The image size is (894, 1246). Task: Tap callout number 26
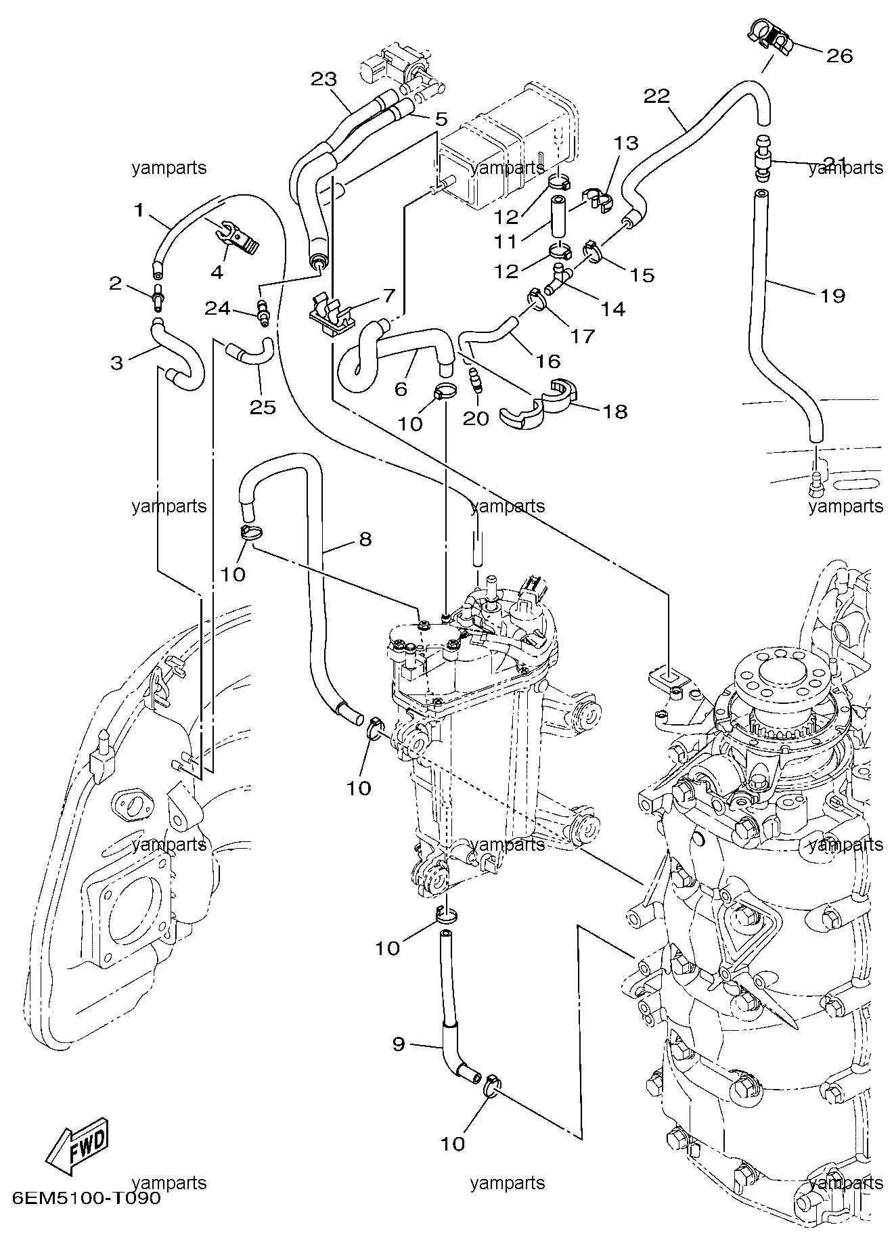(x=839, y=55)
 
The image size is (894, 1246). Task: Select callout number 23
(x=323, y=79)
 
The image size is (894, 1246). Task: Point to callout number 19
(x=832, y=296)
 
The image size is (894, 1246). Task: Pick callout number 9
(x=399, y=1044)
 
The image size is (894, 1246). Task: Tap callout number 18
(x=614, y=411)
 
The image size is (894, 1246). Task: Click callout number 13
(x=626, y=143)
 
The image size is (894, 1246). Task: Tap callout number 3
(x=117, y=363)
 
